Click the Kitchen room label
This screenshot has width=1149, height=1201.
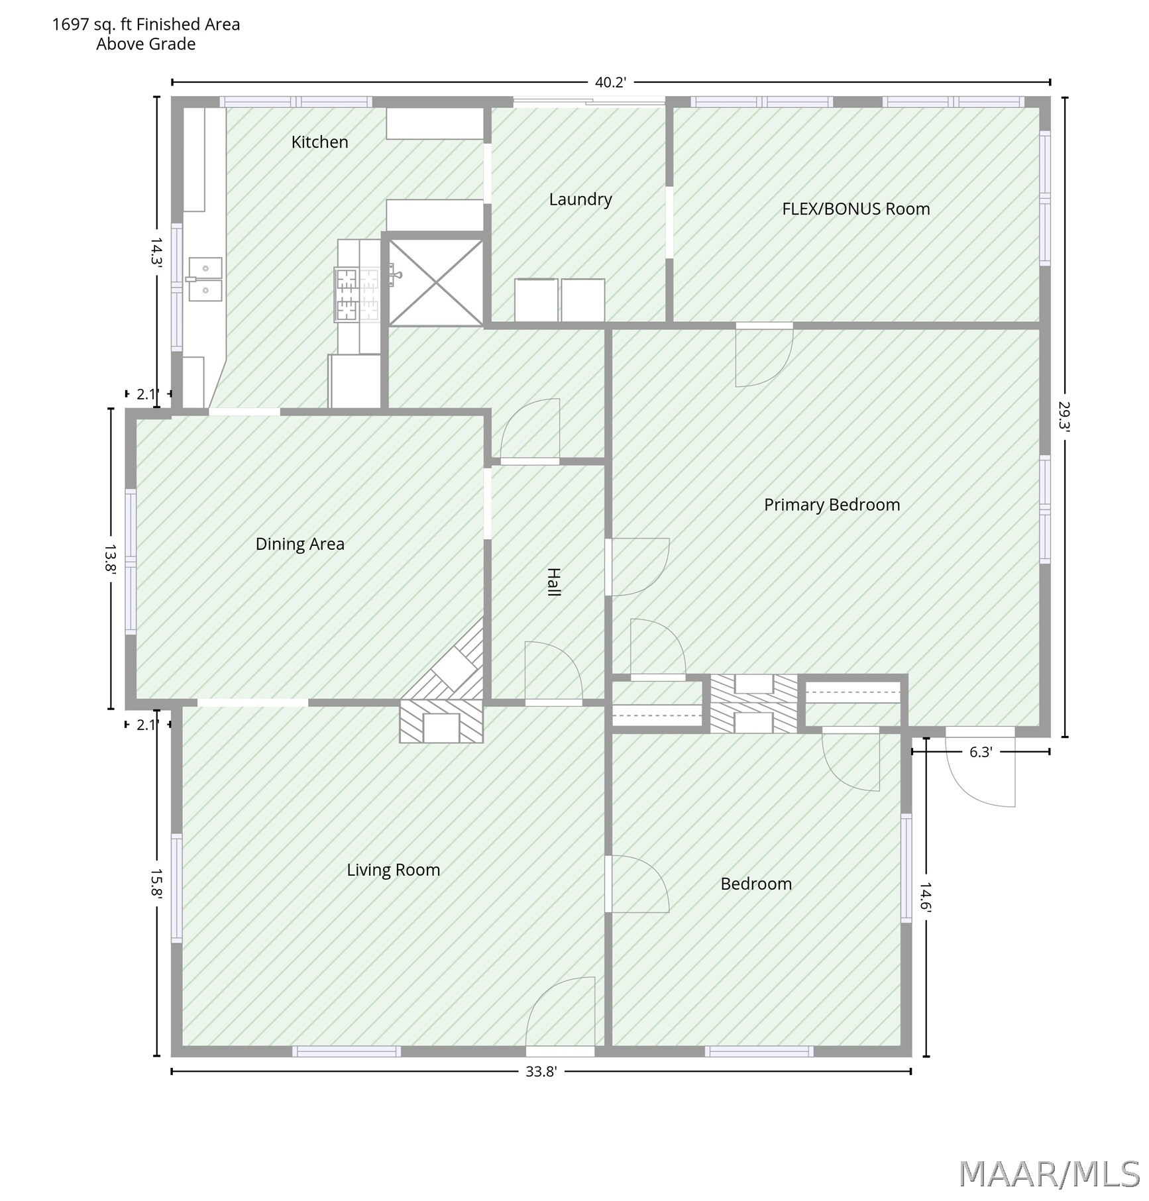[319, 142]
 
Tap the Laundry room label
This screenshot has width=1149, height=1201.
[580, 199]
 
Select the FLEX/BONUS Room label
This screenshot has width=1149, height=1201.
[856, 209]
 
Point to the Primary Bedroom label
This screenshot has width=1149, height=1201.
[832, 505]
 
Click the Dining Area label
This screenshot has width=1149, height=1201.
[300, 544]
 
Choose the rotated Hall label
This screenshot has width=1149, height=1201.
[553, 582]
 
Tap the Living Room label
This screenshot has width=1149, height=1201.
[394, 870]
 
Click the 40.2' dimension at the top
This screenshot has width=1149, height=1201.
[610, 82]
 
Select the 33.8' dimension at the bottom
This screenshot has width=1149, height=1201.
[541, 1072]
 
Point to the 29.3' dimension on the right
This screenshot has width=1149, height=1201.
[1064, 417]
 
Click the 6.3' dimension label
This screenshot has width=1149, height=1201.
[980, 752]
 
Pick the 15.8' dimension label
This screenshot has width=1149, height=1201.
[156, 884]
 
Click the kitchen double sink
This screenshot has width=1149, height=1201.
[205, 279]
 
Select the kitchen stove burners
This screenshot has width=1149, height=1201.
[357, 294]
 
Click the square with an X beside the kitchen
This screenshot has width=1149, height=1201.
[436, 283]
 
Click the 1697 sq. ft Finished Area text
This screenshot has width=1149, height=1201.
[146, 25]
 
